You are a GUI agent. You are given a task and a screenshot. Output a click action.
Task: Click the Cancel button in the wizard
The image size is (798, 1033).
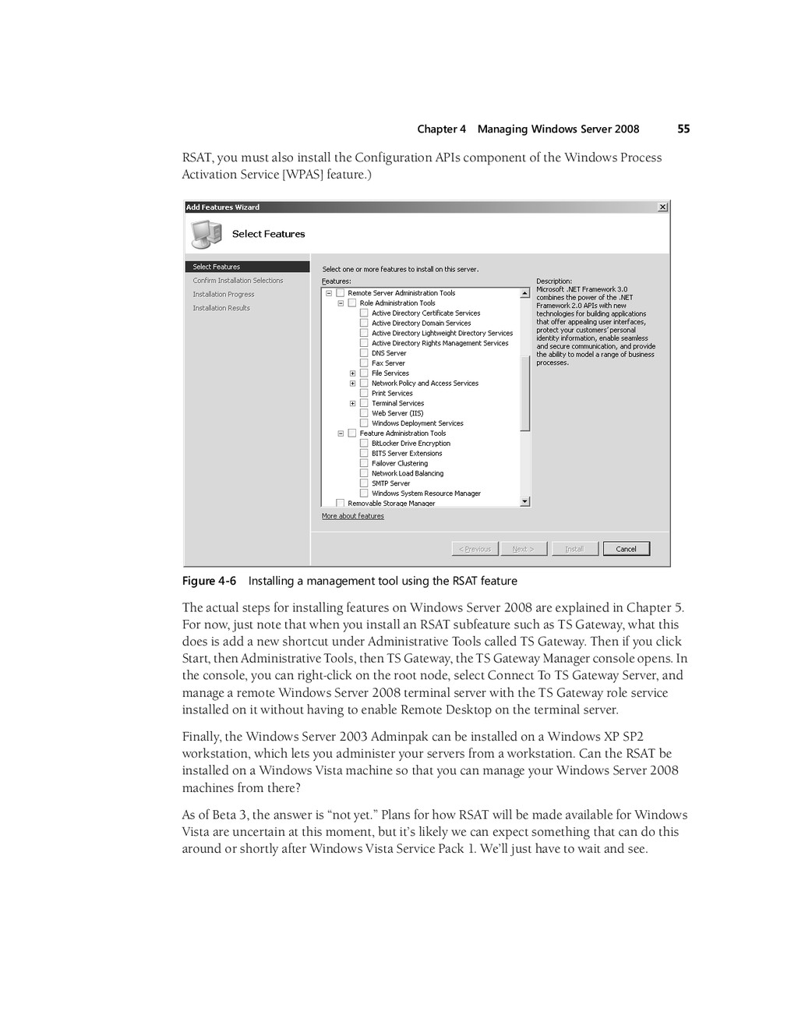pyautogui.click(x=626, y=549)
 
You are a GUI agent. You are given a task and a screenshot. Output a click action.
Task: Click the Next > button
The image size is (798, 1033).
pyautogui.click(x=523, y=549)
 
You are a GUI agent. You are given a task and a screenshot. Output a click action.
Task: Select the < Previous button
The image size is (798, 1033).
pyautogui.click(x=475, y=549)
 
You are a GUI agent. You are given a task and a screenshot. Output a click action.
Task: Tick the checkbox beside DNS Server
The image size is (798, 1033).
pyautogui.click(x=364, y=353)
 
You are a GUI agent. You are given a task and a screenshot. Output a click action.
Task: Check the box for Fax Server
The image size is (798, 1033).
pyautogui.click(x=364, y=363)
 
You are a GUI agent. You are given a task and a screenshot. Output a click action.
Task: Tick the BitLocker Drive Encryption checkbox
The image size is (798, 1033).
pyautogui.click(x=364, y=444)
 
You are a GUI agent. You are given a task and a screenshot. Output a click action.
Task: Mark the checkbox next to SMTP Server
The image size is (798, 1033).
pyautogui.click(x=364, y=483)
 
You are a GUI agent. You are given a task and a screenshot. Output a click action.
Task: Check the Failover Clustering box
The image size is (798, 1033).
pyautogui.click(x=364, y=463)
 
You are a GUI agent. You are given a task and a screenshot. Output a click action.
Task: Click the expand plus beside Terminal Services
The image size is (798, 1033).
pyautogui.click(x=352, y=404)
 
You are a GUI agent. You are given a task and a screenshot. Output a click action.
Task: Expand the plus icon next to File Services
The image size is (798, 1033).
pyautogui.click(x=352, y=373)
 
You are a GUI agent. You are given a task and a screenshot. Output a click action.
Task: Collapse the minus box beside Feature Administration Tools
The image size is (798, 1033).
pyautogui.click(x=341, y=433)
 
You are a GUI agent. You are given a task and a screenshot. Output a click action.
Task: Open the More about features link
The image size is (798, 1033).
pyautogui.click(x=353, y=516)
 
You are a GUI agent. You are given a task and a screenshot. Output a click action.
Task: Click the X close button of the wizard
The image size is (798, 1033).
pyautogui.click(x=662, y=207)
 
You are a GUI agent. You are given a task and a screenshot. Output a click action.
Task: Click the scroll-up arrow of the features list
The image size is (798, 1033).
pyautogui.click(x=525, y=293)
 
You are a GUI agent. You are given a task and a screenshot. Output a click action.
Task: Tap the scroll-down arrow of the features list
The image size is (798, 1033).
pyautogui.click(x=525, y=502)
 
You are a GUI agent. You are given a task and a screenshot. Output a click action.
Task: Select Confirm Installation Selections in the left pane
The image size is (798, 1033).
pyautogui.click(x=238, y=281)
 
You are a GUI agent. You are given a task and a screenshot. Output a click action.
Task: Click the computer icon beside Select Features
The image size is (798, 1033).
pyautogui.click(x=206, y=233)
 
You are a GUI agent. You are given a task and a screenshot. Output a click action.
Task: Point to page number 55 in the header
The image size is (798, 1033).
pyautogui.click(x=683, y=129)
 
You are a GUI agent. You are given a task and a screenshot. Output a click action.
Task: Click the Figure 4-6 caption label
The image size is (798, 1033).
pyautogui.click(x=209, y=581)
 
